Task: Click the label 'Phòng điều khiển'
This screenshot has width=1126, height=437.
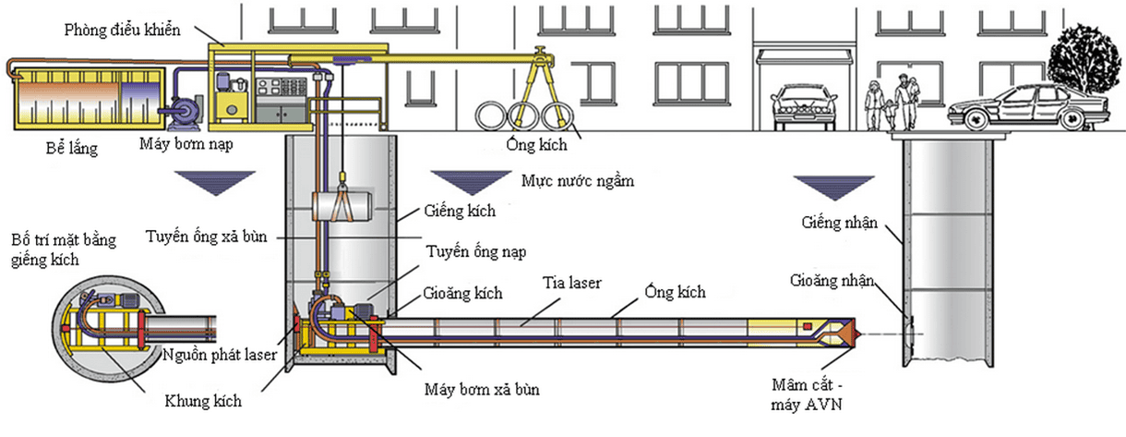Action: click(122, 30)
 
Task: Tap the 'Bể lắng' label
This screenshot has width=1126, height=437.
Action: click(72, 149)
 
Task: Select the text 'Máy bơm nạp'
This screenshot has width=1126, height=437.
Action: click(186, 144)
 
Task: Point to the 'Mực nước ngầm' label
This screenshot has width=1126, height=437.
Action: click(578, 181)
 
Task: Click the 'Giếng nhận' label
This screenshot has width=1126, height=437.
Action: click(840, 223)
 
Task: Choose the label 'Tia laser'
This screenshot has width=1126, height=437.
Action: click(571, 283)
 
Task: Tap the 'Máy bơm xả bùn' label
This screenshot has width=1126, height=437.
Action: click(482, 389)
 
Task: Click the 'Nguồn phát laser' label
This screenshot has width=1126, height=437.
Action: click(220, 355)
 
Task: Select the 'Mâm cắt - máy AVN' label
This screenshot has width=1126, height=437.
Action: click(807, 395)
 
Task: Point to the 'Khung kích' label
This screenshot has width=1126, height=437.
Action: click(203, 401)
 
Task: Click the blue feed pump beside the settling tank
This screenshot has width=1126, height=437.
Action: click(184, 112)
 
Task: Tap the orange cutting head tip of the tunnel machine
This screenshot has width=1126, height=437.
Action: click(854, 334)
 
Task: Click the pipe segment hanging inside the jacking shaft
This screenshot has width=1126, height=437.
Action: click(342, 205)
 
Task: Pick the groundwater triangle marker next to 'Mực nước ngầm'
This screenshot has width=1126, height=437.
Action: click(471, 182)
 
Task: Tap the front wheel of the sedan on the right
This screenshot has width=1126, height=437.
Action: click(976, 121)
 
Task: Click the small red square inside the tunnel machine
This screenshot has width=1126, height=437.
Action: click(807, 327)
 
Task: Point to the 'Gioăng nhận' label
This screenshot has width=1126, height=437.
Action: click(832, 281)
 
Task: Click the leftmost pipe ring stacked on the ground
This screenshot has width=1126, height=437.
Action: click(491, 115)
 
